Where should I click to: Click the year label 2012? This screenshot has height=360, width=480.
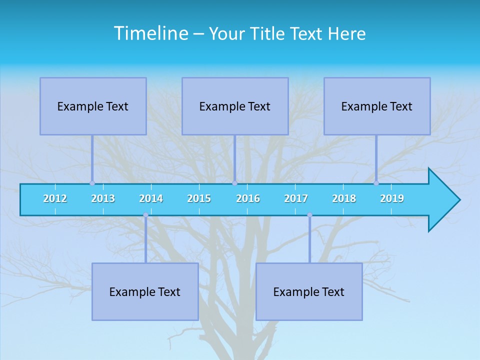[x=55, y=198]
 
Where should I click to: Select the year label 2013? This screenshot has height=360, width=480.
[x=103, y=198]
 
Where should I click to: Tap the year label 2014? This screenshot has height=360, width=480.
[x=151, y=198]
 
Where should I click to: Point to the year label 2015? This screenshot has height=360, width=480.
[x=199, y=198]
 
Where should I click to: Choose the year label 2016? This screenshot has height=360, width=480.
[x=248, y=198]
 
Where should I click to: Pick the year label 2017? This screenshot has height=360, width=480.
[x=296, y=198]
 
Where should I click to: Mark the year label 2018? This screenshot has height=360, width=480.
[x=344, y=198]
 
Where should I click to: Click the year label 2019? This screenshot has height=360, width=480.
[x=392, y=198]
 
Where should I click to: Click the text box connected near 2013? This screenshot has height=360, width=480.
[x=93, y=106]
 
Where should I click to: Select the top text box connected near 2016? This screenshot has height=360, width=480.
[x=235, y=106]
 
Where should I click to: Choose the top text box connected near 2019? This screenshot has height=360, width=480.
[x=377, y=106]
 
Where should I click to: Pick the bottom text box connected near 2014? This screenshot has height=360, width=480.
[x=145, y=291]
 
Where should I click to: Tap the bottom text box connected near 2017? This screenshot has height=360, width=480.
[x=309, y=291]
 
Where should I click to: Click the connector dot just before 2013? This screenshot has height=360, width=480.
[x=92, y=183]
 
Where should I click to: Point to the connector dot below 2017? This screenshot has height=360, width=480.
[x=309, y=215]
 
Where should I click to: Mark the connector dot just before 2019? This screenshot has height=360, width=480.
[x=376, y=183]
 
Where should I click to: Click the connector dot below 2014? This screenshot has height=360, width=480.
[x=145, y=215]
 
